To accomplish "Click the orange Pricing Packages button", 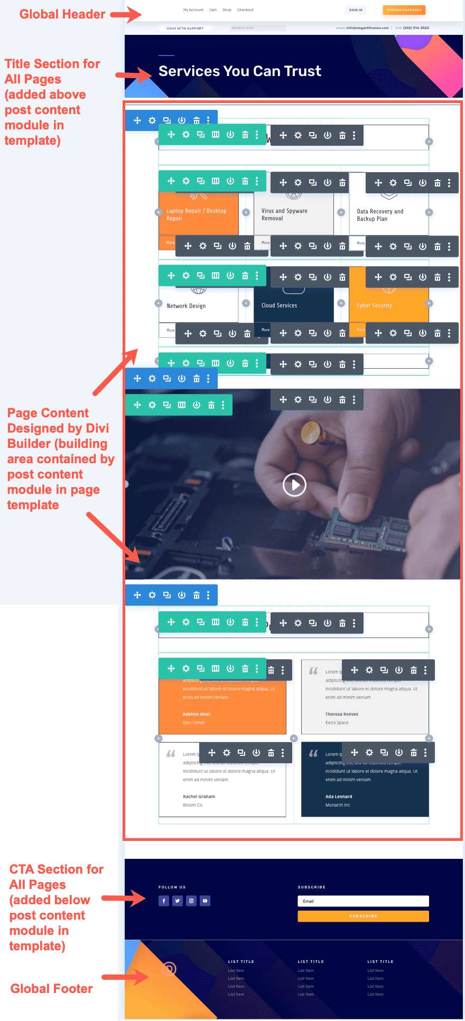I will pyautogui.click(x=404, y=10).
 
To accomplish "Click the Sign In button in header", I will pyautogui.click(x=356, y=10).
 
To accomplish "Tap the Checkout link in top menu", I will pyautogui.click(x=245, y=10).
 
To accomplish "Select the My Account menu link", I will pyautogui.click(x=193, y=10).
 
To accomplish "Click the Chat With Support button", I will pyautogui.click(x=185, y=29).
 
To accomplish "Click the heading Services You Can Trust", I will pyautogui.click(x=239, y=71).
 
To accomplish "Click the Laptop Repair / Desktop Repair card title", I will pyautogui.click(x=196, y=214).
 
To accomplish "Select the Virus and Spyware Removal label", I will pyautogui.click(x=284, y=214).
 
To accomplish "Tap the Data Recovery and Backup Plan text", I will pyautogui.click(x=379, y=215).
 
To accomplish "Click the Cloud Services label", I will pyautogui.click(x=279, y=305).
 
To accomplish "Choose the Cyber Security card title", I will pyautogui.click(x=374, y=305).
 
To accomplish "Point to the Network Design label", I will pyautogui.click(x=186, y=306).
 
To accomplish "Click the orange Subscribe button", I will pyautogui.click(x=363, y=916).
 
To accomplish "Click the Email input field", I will pyautogui.click(x=363, y=901).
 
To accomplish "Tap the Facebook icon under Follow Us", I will pyautogui.click(x=164, y=901).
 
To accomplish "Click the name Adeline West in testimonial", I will pyautogui.click(x=197, y=714).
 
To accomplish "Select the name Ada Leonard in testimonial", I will pyautogui.click(x=339, y=797).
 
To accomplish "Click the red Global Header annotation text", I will pyautogui.click(x=62, y=14).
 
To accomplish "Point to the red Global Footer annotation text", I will pyautogui.click(x=51, y=989).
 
